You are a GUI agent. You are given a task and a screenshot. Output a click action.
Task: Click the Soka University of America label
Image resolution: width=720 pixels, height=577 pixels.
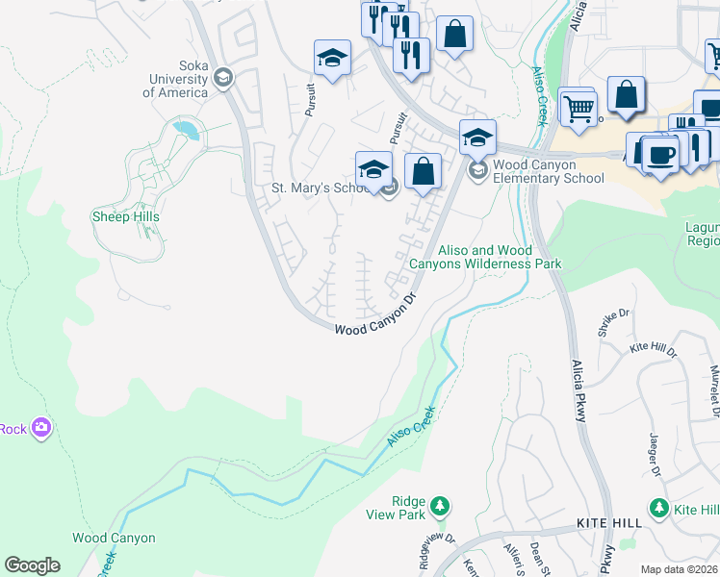pyautogui.click(x=175, y=86)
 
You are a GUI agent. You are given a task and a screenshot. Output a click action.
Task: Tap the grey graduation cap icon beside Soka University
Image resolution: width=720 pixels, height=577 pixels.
pyautogui.click(x=223, y=77)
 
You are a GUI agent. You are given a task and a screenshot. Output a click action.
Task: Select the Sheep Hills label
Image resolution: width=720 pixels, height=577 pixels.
pyautogui.click(x=125, y=216)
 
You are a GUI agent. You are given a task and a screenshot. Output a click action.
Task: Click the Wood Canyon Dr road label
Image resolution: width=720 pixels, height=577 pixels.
pyautogui.click(x=380, y=314)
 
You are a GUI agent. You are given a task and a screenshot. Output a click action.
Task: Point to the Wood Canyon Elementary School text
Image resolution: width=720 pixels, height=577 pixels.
pyautogui.click(x=548, y=171)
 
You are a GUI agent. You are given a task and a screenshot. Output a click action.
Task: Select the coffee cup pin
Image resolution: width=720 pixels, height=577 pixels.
pyautogui.click(x=660, y=154)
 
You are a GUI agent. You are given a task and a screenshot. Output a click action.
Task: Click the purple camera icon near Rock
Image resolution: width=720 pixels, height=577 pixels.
pyautogui.click(x=40, y=427)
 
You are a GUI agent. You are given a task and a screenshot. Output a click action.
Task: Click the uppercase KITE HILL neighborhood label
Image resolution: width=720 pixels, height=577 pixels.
pyautogui.click(x=608, y=520)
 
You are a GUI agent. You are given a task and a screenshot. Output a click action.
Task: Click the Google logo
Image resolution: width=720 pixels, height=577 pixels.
pyautogui.click(x=32, y=565)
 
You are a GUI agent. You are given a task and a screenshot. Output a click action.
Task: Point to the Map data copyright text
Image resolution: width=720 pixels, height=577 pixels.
pyautogui.click(x=680, y=569)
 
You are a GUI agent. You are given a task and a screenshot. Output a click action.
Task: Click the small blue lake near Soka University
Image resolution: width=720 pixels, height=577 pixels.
pyautogui.click(x=185, y=128)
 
